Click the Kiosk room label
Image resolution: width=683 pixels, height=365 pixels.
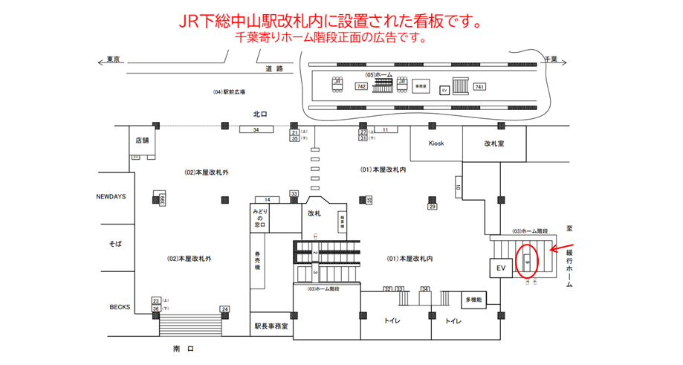point(436,143)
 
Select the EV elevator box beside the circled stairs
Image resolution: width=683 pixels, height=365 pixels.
point(500,267)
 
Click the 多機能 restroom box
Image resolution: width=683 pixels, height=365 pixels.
point(474,300)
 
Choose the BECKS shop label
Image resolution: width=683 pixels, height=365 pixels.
point(120,306)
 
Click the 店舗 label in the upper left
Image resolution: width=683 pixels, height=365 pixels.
point(142,140)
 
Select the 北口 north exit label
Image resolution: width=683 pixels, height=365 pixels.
point(259,114)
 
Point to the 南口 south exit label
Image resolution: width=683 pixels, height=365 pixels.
point(184,348)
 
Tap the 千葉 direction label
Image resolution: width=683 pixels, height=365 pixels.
point(551,58)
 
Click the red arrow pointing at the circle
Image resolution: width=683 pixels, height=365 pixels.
point(563,248)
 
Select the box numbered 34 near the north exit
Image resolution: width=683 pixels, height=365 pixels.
point(256,130)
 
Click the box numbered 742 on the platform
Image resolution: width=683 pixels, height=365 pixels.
point(361,87)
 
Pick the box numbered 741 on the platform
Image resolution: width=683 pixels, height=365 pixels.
point(479,87)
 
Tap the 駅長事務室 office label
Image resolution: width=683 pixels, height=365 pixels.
point(270,326)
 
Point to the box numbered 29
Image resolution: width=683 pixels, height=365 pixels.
point(432,207)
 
